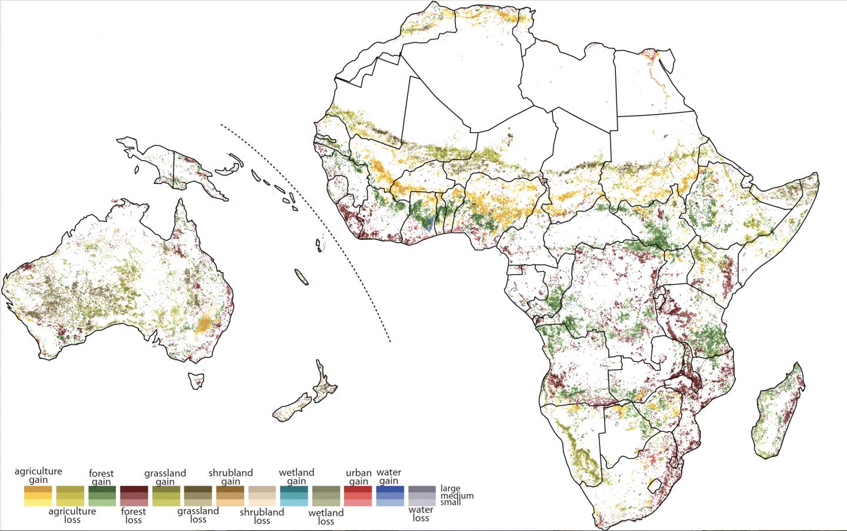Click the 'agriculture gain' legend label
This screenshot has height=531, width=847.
(38, 476)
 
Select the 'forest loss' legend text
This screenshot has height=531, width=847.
(134, 516)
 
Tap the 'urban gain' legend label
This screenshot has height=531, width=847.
(358, 477)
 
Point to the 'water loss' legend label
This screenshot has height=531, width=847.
(421, 514)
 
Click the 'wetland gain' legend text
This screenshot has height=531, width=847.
(296, 477)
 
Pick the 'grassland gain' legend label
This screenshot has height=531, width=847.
(165, 477)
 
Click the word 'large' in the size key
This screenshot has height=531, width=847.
(450, 489)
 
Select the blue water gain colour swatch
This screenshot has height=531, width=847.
(390, 496)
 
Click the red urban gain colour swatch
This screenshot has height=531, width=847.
(358, 496)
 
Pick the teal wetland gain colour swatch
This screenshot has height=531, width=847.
(294, 496)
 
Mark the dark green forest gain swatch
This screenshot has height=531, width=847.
(102, 496)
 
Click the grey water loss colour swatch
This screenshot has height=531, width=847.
(422, 496)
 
